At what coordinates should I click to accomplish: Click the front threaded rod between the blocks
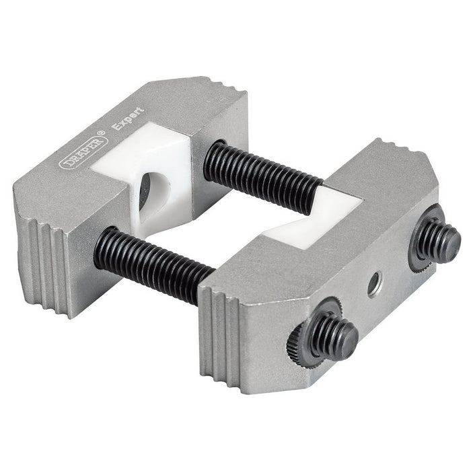tap(155, 262)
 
